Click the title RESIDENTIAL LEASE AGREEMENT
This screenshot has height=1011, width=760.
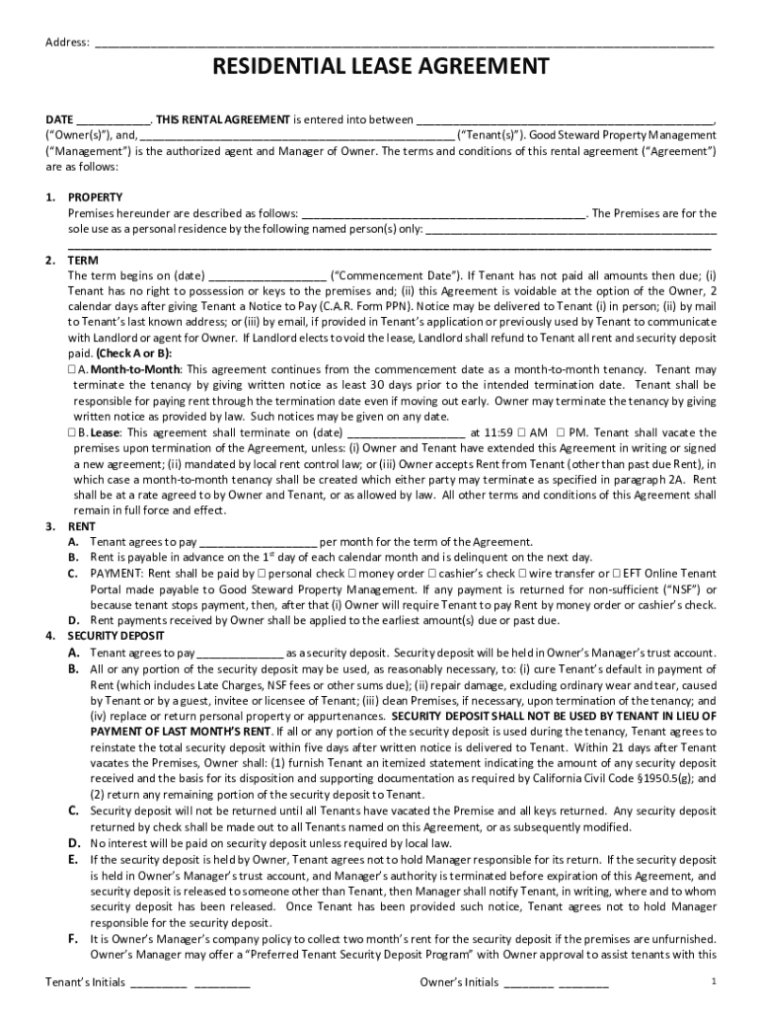(381, 67)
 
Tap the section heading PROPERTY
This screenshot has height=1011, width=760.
(95, 197)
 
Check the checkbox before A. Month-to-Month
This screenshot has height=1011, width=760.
(73, 368)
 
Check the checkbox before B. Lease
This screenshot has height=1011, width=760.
(73, 432)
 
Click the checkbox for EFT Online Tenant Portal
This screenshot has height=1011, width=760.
(617, 574)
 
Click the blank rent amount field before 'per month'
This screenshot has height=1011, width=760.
(258, 542)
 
